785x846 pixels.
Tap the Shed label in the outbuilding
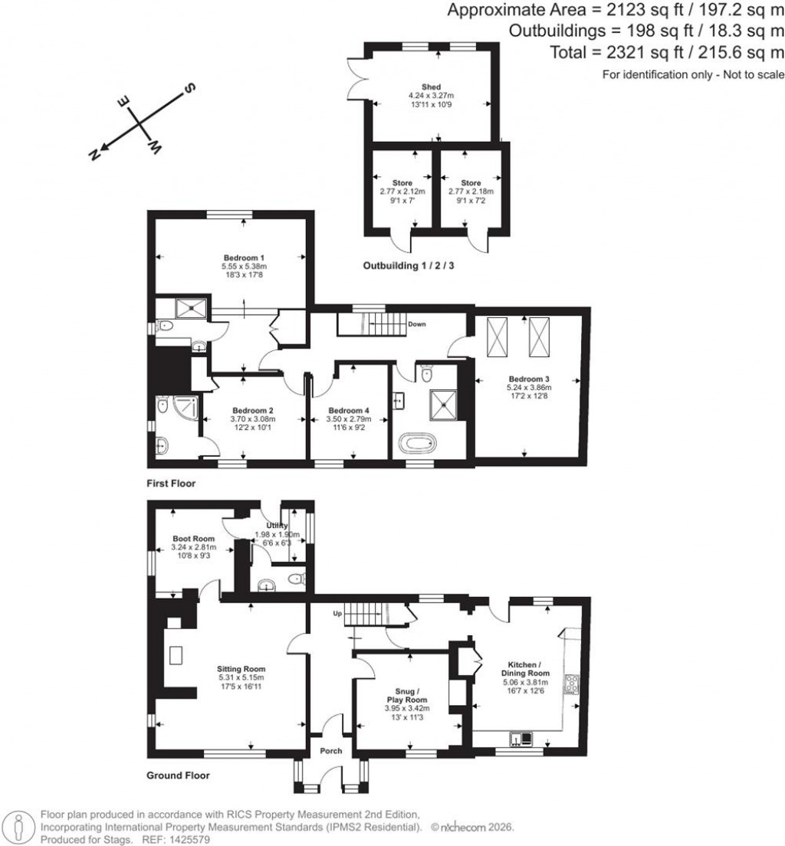(431, 87)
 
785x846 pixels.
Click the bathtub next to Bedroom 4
(419, 444)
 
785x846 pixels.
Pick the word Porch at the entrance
(331, 750)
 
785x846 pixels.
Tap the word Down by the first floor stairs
(417, 324)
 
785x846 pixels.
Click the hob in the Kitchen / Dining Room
(571, 682)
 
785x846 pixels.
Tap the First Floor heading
(171, 484)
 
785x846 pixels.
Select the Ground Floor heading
(178, 775)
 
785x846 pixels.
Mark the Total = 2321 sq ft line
(667, 52)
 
